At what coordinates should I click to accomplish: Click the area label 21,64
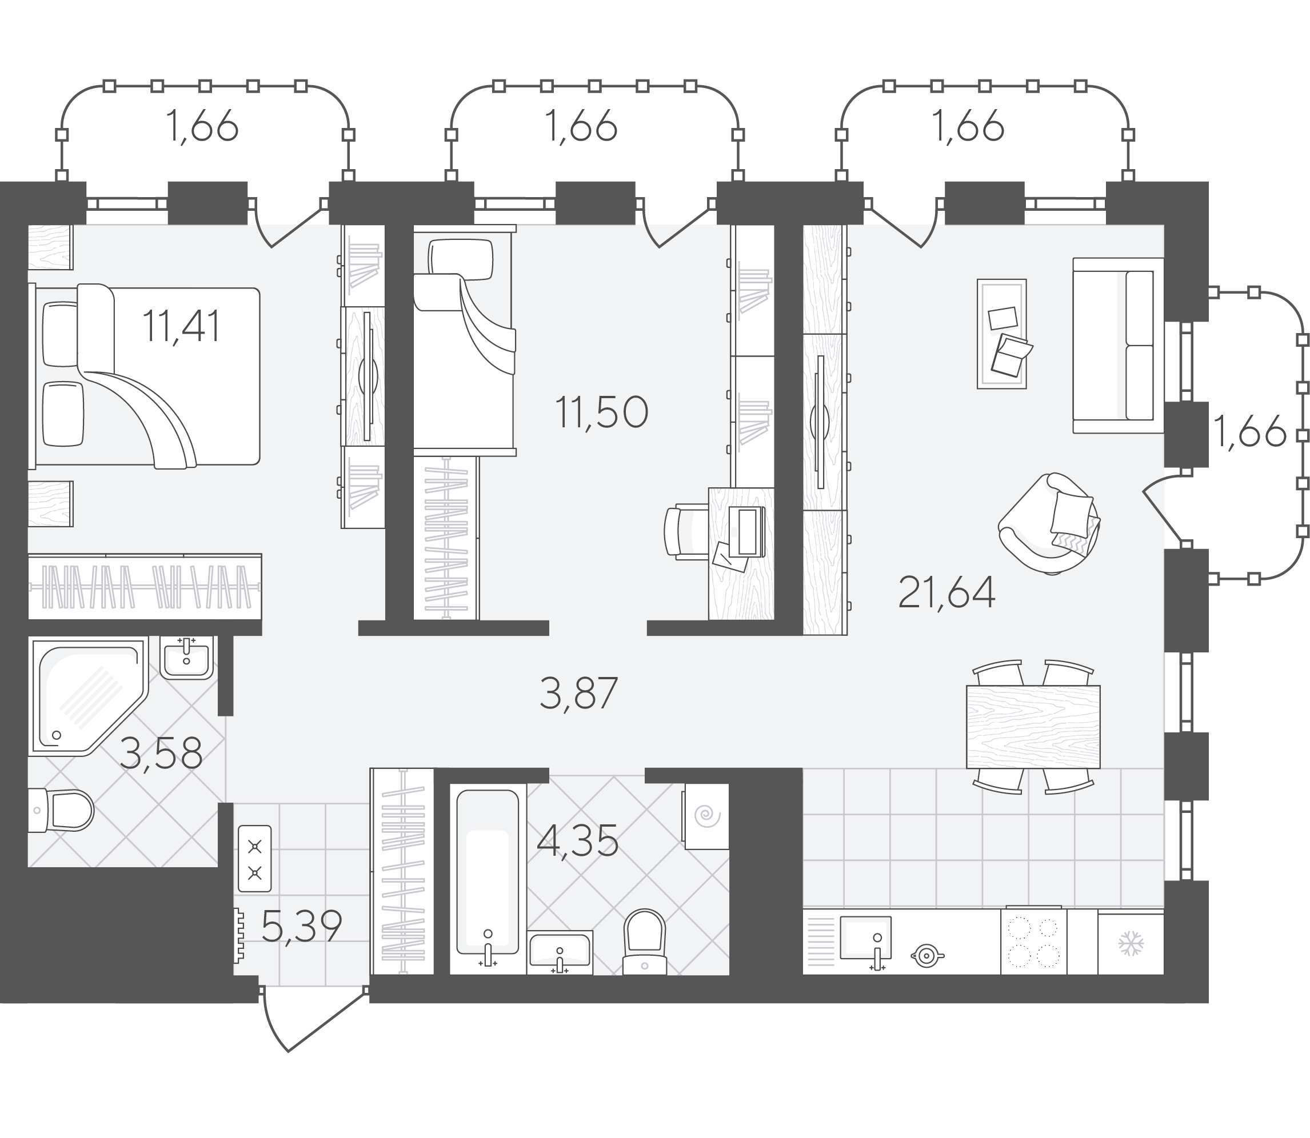pyautogui.click(x=946, y=592)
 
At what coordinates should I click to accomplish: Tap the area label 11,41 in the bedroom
pyautogui.click(x=181, y=326)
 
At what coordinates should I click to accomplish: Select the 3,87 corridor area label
pyautogui.click(x=578, y=693)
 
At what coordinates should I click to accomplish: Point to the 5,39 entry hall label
pyautogui.click(x=302, y=927)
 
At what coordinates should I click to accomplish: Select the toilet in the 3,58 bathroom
pyautogui.click(x=61, y=810)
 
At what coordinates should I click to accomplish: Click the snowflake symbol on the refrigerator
pyautogui.click(x=1131, y=944)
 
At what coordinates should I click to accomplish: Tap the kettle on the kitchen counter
pyautogui.click(x=927, y=955)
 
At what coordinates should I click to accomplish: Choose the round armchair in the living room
pyautogui.click(x=1049, y=524)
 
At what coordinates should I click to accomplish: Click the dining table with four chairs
pyautogui.click(x=1033, y=727)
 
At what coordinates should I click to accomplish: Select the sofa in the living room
pyautogui.click(x=1118, y=346)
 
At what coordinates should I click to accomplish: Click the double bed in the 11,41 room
pyautogui.click(x=145, y=376)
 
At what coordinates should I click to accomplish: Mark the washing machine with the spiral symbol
pyautogui.click(x=706, y=816)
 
